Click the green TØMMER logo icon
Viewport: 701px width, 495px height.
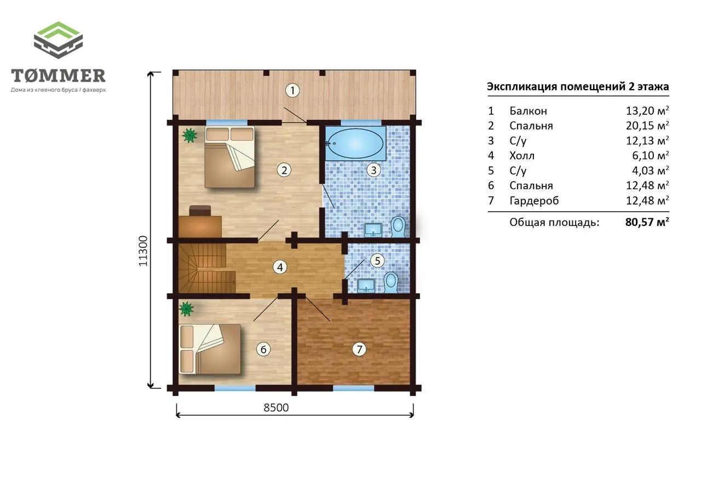pos(58,40)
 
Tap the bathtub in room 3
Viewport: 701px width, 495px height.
pos(355,143)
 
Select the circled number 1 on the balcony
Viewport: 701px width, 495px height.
pos(292,91)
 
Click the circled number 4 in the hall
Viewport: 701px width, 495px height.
pos(280,267)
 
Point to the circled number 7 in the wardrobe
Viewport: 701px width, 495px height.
pos(359,349)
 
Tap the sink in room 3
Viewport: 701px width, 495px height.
pos(373,230)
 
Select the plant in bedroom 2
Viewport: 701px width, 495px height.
pos(189,135)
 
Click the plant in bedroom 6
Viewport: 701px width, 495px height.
pos(186,308)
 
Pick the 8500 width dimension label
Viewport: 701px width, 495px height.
pos(276,407)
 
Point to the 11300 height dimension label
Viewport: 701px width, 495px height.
pos(143,251)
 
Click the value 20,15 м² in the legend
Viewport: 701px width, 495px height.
pos(647,125)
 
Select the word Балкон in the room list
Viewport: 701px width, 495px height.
pos(528,110)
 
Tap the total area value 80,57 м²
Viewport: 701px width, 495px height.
pos(647,222)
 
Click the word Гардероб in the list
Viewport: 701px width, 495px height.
pos(534,200)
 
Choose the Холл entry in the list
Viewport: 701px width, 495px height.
pos(522,155)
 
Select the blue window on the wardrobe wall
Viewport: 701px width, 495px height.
pos(353,388)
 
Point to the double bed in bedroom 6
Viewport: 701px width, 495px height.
pos(210,349)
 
